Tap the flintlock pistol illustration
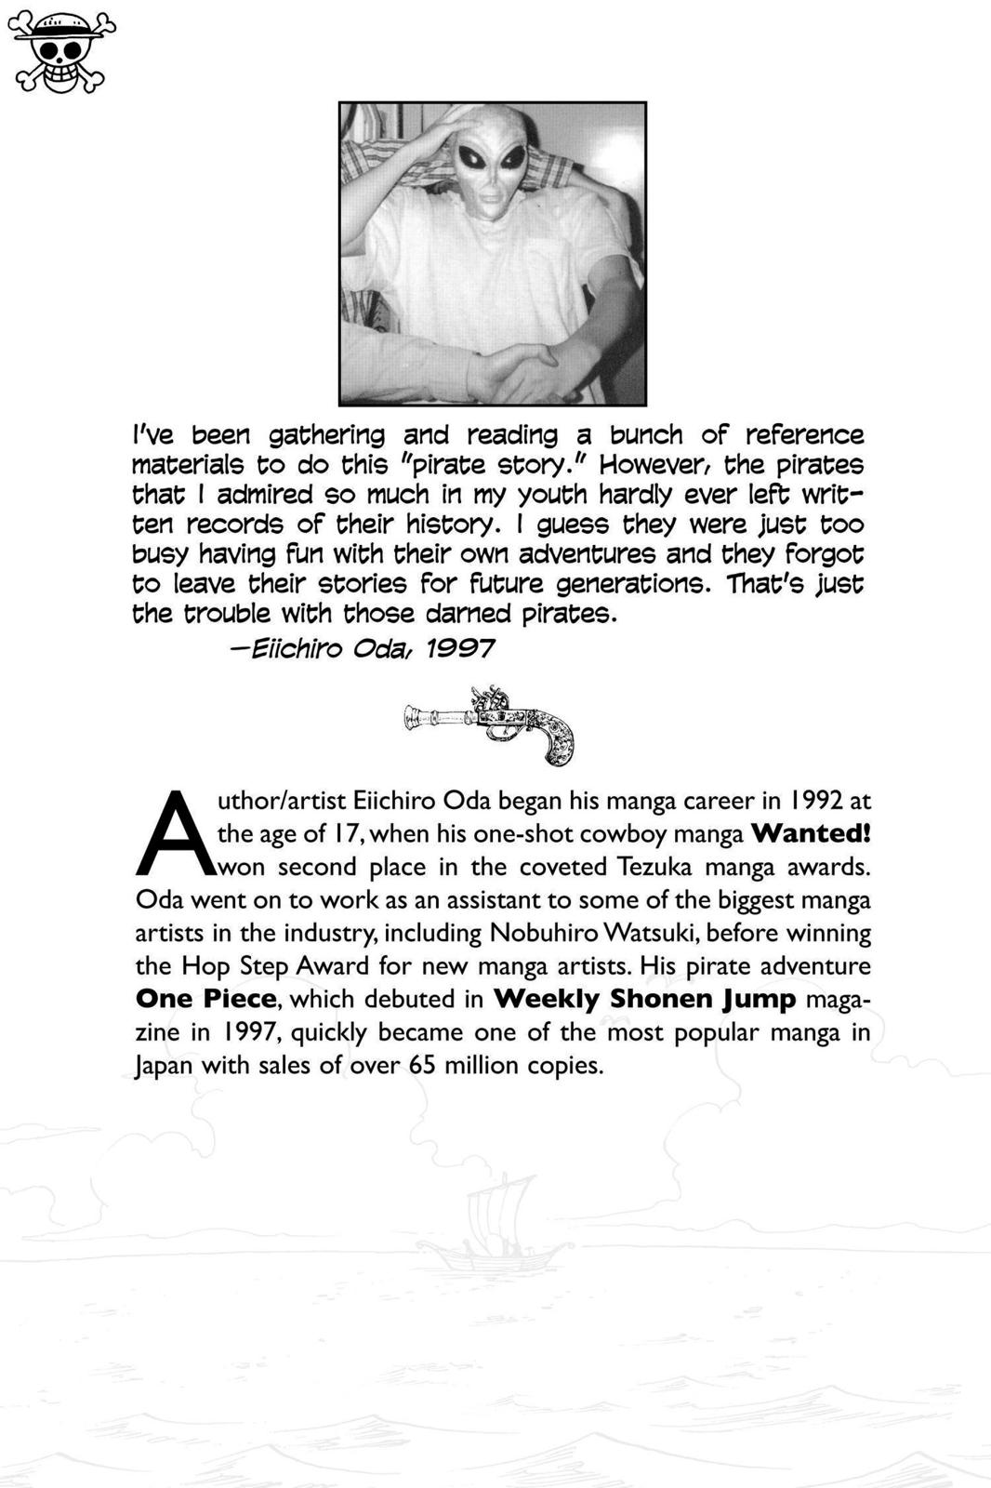pyautogui.click(x=489, y=724)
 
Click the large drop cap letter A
pyautogui.click(x=175, y=834)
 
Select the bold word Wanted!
pyautogui.click(x=811, y=833)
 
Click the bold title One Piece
pyautogui.click(x=205, y=999)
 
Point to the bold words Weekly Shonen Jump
pyautogui.click(x=644, y=999)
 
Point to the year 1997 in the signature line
pyautogui.click(x=459, y=648)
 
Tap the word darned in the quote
pyautogui.click(x=469, y=614)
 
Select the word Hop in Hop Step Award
pyautogui.click(x=205, y=966)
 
